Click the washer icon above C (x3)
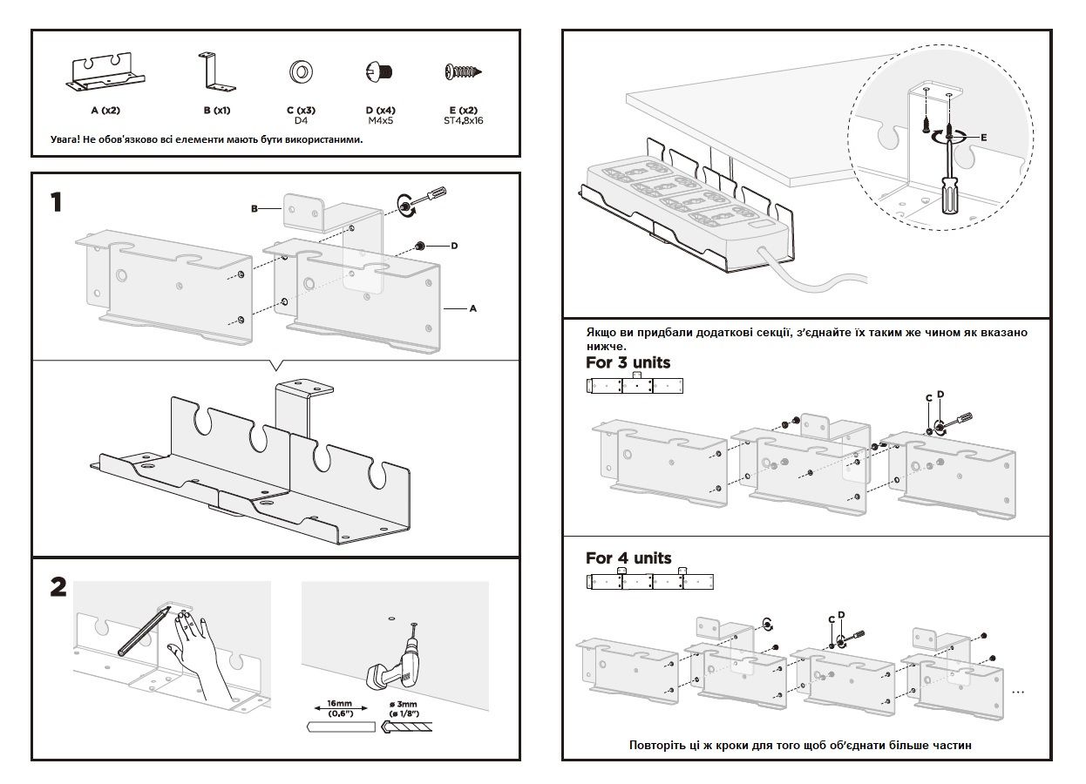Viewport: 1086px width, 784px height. pos(302,71)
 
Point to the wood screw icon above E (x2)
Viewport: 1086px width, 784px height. pos(463,71)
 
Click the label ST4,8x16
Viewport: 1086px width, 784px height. pos(463,121)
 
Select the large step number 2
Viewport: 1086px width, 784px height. pos(58,588)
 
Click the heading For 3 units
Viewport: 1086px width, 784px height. pos(628,362)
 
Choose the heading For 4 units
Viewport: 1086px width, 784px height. pos(628,558)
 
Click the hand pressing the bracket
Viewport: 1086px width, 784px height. pos(197,653)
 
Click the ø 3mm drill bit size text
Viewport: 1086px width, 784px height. pos(402,704)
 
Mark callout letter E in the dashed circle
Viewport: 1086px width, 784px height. pos(982,138)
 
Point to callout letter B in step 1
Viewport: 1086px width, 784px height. pos(254,208)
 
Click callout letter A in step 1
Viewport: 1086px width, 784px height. pos(472,308)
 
